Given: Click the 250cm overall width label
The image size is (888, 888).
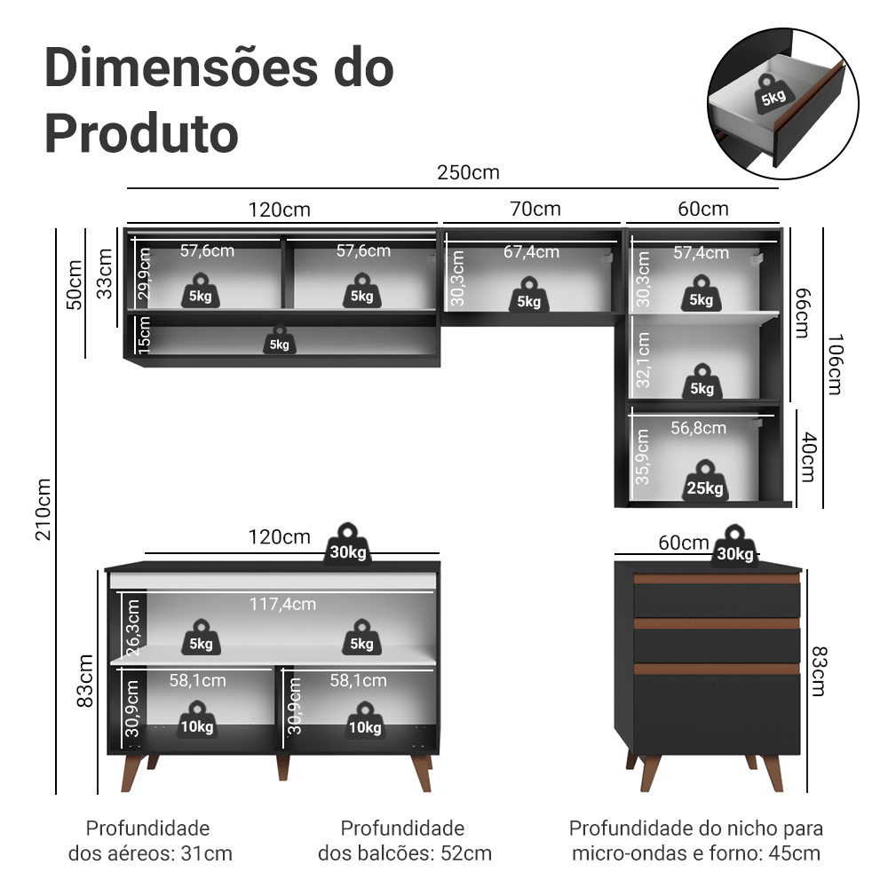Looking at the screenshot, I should click(468, 172).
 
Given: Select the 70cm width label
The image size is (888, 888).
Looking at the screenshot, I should click(535, 210).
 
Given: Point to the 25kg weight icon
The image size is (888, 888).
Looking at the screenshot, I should click(704, 481).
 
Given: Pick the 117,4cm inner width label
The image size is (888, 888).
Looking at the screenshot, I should click(282, 604).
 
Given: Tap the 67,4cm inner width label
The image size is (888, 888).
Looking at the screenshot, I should click(531, 252).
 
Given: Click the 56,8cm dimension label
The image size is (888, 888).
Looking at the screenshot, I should click(698, 428).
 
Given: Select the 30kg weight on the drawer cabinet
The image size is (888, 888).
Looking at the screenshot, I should click(734, 547).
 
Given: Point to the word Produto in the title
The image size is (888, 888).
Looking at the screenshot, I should click(141, 133).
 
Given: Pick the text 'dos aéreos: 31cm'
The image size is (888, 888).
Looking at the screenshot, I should click(150, 854).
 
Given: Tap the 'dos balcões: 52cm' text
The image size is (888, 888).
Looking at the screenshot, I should click(405, 854).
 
